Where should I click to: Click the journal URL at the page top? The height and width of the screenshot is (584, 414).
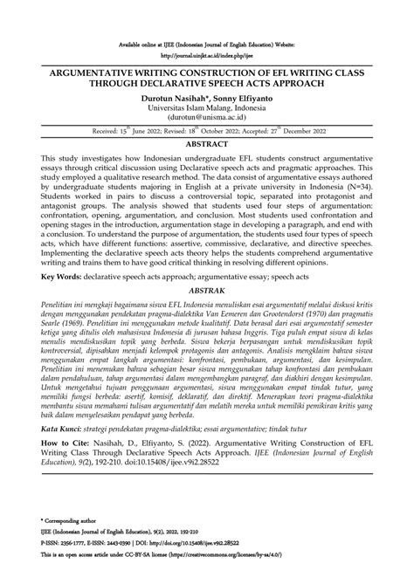207,52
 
